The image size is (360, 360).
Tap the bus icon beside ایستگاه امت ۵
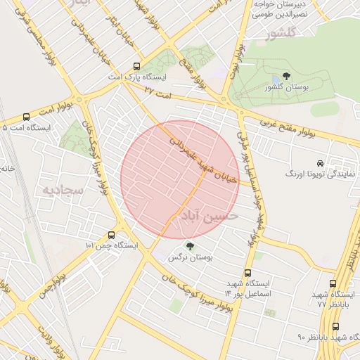click(x=27, y=117)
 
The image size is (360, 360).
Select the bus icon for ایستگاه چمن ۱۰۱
click(x=112, y=236)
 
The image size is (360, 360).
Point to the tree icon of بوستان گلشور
click(x=285, y=76)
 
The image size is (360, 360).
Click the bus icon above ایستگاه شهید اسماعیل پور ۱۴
click(x=247, y=272)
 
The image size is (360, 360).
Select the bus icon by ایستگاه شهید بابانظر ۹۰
click(x=335, y=326)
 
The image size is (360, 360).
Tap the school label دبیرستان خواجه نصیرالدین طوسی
click(x=281, y=8)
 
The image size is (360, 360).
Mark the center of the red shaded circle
click(x=180, y=180)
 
